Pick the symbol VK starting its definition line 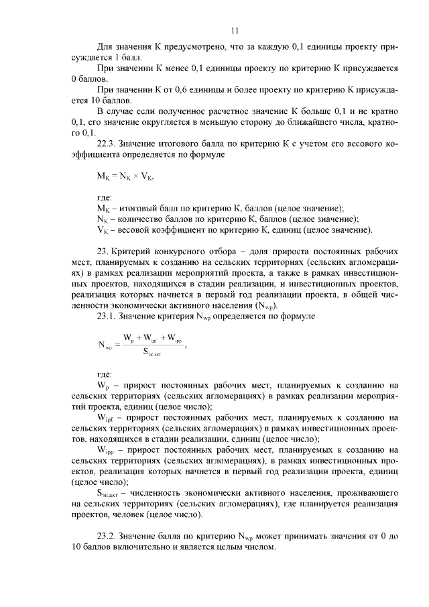[x=103, y=230]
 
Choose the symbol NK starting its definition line [x=103, y=219]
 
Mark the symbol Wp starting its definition [x=103, y=386]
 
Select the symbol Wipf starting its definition [x=105, y=417]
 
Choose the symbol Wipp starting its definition [x=106, y=449]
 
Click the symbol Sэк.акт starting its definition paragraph [x=111, y=492]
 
